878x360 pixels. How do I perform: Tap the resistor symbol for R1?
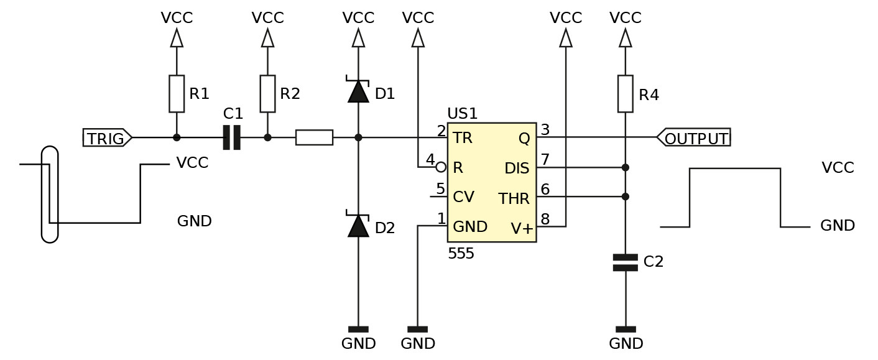tap(177, 94)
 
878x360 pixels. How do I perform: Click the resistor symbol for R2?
tap(267, 94)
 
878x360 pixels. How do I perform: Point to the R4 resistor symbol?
tap(625, 94)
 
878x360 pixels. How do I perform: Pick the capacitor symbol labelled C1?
tap(231, 137)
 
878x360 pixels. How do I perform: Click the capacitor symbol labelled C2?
tap(625, 262)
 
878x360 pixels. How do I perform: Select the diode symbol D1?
tap(358, 91)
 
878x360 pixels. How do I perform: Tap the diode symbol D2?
tap(358, 225)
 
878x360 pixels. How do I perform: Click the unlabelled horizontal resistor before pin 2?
tap(314, 137)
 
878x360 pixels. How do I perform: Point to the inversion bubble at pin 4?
tap(441, 167)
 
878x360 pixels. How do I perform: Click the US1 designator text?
tap(462, 114)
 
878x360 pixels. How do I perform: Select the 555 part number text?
tap(461, 254)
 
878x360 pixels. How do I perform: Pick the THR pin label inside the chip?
tap(514, 199)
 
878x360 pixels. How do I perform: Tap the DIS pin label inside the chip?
tap(517, 168)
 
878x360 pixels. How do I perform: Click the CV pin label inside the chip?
tap(464, 197)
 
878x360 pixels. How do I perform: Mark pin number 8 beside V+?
tap(545, 219)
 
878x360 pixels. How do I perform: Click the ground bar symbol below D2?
tap(358, 329)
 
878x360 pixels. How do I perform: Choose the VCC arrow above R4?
tap(625, 38)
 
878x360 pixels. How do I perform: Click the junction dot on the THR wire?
tap(625, 196)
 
